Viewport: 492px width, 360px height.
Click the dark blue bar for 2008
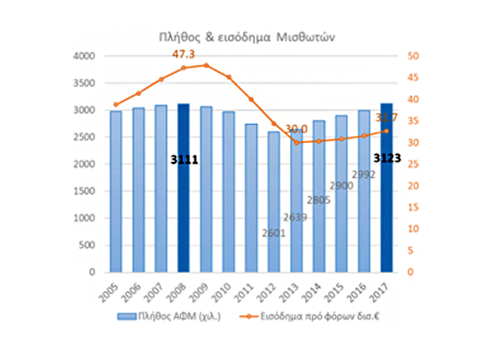(183, 189)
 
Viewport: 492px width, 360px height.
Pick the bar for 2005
(116, 192)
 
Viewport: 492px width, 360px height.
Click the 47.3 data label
(183, 54)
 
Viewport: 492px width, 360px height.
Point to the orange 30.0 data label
(295, 128)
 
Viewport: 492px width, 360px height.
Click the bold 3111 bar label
(184, 160)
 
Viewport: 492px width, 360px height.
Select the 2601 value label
(273, 233)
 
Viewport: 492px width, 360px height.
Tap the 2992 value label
(363, 174)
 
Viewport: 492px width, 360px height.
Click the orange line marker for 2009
(206, 65)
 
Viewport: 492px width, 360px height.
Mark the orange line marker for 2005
(116, 105)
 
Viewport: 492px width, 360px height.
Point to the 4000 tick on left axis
(86, 56)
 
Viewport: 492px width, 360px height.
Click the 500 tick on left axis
(89, 245)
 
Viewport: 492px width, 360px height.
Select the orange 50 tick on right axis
(414, 56)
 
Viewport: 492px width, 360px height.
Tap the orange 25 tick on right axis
(414, 164)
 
